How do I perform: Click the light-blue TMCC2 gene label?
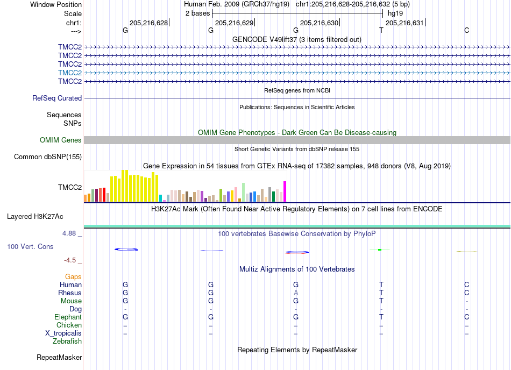point(70,73)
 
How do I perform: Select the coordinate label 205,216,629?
point(235,23)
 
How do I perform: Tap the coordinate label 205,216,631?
point(404,23)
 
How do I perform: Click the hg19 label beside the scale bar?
point(395,13)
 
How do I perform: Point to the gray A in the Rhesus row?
point(296,293)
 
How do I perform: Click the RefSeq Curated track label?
point(57,98)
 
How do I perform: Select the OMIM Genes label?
point(61,140)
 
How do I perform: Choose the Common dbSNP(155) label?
point(48,156)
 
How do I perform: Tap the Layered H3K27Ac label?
point(35,217)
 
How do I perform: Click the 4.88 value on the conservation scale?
point(69,233)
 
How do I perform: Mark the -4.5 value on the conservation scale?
point(70,260)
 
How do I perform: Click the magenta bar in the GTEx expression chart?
point(285,191)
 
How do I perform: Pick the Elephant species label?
point(68,317)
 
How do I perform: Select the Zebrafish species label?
point(67,341)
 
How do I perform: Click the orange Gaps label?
point(73,276)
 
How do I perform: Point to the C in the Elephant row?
point(467,317)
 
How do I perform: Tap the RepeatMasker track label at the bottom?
point(59,357)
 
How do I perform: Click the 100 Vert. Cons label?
point(30,246)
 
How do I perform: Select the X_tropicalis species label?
point(63,333)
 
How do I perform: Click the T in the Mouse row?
point(381,301)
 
